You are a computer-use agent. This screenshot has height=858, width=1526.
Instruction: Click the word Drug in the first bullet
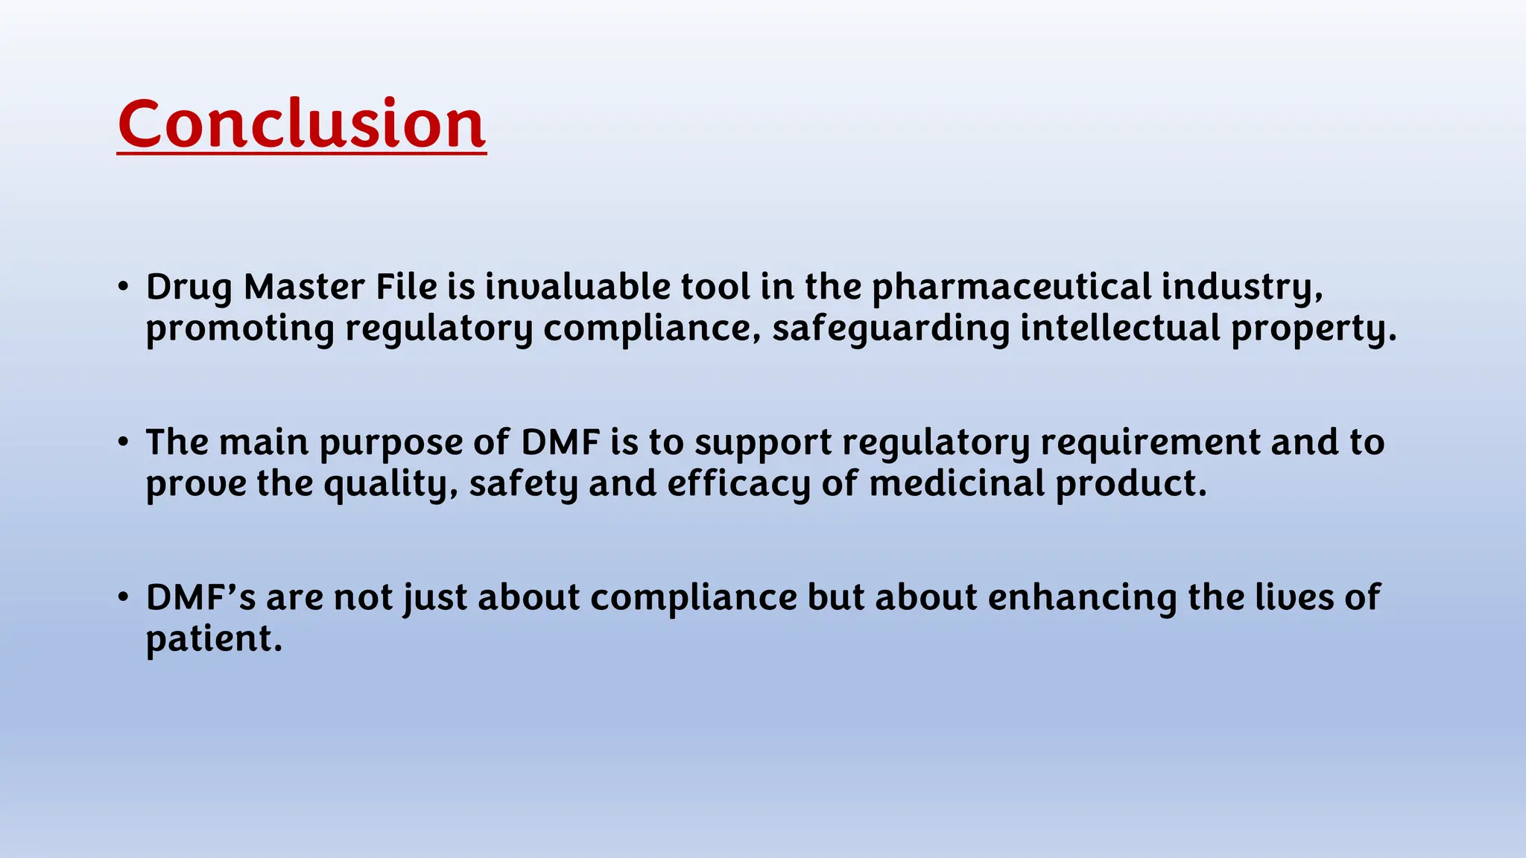[189, 287]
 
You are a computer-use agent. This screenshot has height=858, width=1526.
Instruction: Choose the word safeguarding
[890, 329]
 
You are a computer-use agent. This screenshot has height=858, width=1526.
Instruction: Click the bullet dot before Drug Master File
[124, 287]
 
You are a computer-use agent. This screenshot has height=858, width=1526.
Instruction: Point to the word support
[763, 443]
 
